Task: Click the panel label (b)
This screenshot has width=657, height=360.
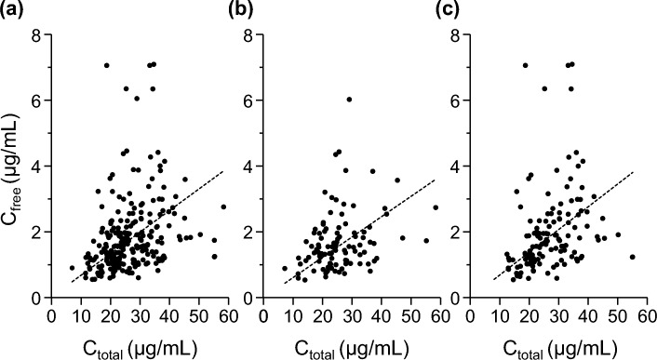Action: (x=231, y=12)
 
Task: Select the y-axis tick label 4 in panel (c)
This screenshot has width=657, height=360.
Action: (x=462, y=167)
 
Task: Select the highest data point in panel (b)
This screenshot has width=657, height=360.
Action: (x=349, y=100)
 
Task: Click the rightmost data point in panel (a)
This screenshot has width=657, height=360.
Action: (x=223, y=207)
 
